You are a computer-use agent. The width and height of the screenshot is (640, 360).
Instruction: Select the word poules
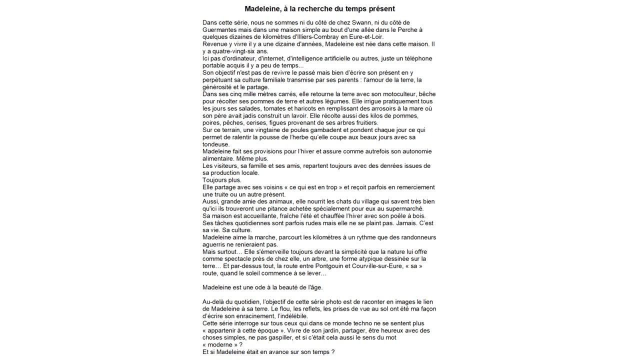click(x=292, y=130)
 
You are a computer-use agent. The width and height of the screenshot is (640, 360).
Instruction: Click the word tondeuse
click(x=216, y=144)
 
